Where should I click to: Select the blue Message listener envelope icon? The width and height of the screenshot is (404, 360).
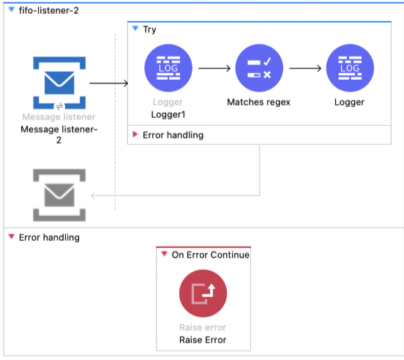point(59,83)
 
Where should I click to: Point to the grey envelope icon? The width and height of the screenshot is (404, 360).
point(59,195)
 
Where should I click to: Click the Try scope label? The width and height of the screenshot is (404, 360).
point(149,29)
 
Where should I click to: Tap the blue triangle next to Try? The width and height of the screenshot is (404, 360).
point(135,29)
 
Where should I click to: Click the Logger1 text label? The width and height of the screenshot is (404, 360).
point(169,115)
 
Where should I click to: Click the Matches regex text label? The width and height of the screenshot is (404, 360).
point(259,102)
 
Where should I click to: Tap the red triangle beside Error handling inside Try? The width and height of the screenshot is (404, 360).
point(135,135)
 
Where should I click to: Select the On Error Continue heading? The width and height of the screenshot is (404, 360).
point(210,255)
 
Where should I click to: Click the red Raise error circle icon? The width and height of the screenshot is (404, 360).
point(203,293)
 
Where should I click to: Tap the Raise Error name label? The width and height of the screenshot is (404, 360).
point(203,340)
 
